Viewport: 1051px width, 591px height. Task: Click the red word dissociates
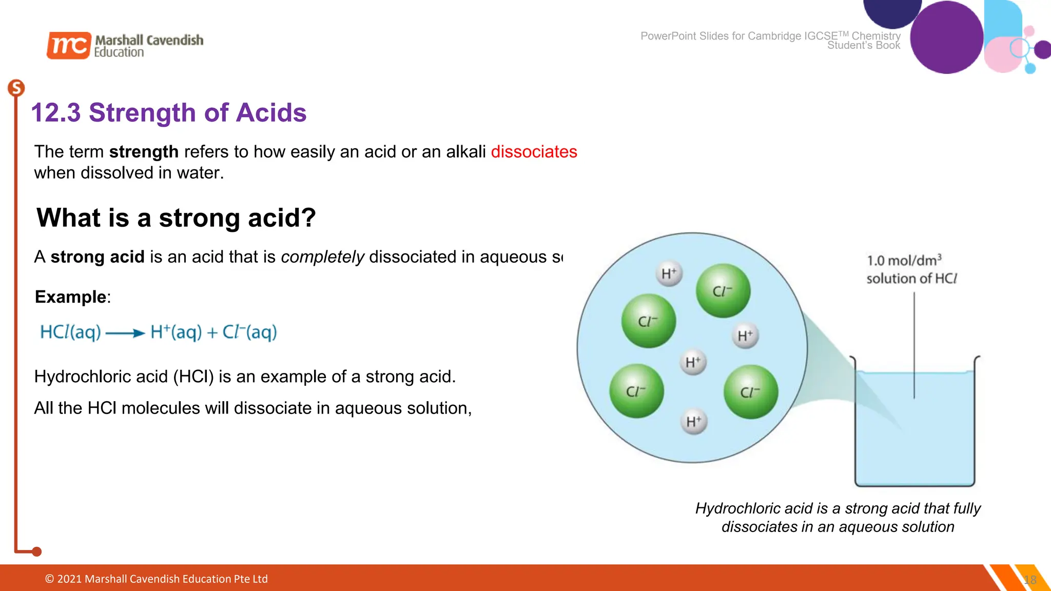[x=534, y=152]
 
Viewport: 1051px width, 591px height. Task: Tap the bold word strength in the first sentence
[x=144, y=152]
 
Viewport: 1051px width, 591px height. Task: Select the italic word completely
[x=322, y=257]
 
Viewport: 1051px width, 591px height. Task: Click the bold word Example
[x=70, y=297]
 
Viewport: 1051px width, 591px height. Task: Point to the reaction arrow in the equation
[x=125, y=333]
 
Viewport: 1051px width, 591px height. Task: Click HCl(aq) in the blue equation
[x=70, y=332]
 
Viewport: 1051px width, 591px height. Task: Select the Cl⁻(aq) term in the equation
[x=249, y=332]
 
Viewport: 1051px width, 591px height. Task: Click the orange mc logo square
[x=69, y=45]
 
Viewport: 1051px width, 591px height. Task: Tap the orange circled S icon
[x=16, y=88]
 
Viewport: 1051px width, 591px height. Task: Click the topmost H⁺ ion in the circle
[x=669, y=273]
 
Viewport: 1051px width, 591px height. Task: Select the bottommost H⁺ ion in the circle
[x=694, y=422]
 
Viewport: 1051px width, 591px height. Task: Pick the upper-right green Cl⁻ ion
[x=723, y=291]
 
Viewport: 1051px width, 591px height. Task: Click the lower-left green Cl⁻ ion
[x=636, y=391]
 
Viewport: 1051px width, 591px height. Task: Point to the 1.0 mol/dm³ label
[x=904, y=261]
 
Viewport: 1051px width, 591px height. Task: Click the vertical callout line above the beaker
[x=914, y=344]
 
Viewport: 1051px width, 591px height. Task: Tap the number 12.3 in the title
[x=56, y=113]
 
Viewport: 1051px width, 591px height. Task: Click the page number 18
[x=1030, y=580]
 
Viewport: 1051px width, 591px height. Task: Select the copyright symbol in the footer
[x=49, y=579]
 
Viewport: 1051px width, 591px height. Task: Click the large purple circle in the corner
[x=946, y=37]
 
